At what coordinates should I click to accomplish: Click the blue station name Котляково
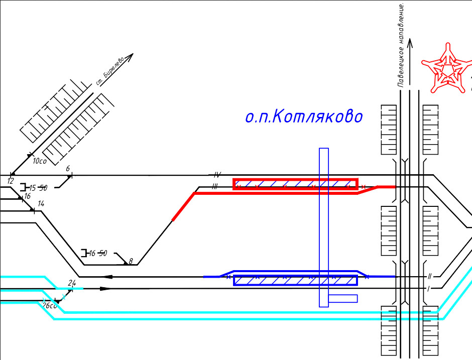[303, 117]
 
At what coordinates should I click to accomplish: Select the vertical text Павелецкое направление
[401, 45]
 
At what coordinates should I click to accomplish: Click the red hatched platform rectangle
[295, 184]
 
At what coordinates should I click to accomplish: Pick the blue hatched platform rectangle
[295, 280]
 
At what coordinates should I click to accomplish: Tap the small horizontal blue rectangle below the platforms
[343, 299]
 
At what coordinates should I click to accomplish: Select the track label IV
[217, 175]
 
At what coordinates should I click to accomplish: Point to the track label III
[215, 187]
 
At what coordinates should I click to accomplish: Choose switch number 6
[68, 169]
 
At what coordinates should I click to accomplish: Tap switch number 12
[11, 180]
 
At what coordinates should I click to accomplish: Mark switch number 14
[41, 204]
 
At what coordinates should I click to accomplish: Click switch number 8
[131, 261]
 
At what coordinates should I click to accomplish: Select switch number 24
[71, 284]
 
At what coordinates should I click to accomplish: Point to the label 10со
[39, 162]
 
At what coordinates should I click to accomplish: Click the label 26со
[50, 305]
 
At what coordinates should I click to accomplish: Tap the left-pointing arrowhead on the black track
[106, 277]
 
